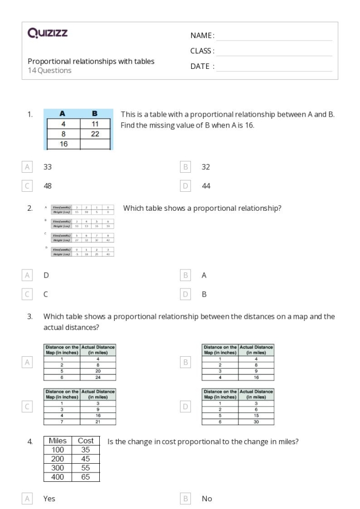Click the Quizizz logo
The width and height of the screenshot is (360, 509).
coord(47,34)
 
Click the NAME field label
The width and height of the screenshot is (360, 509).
coord(202,35)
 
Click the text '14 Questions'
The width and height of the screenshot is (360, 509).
coord(49,71)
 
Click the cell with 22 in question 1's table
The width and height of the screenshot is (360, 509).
coord(95,134)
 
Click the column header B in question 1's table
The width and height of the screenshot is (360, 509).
coord(95,114)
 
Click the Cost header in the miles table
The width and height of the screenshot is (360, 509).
coord(85,441)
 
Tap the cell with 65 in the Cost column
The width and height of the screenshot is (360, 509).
coord(85,477)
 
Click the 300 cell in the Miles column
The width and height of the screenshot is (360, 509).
coord(58,468)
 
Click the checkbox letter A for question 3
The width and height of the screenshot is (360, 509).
coord(27,363)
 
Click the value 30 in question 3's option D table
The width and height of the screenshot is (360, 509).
coord(256,422)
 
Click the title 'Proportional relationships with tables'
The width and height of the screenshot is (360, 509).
coord(91,61)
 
